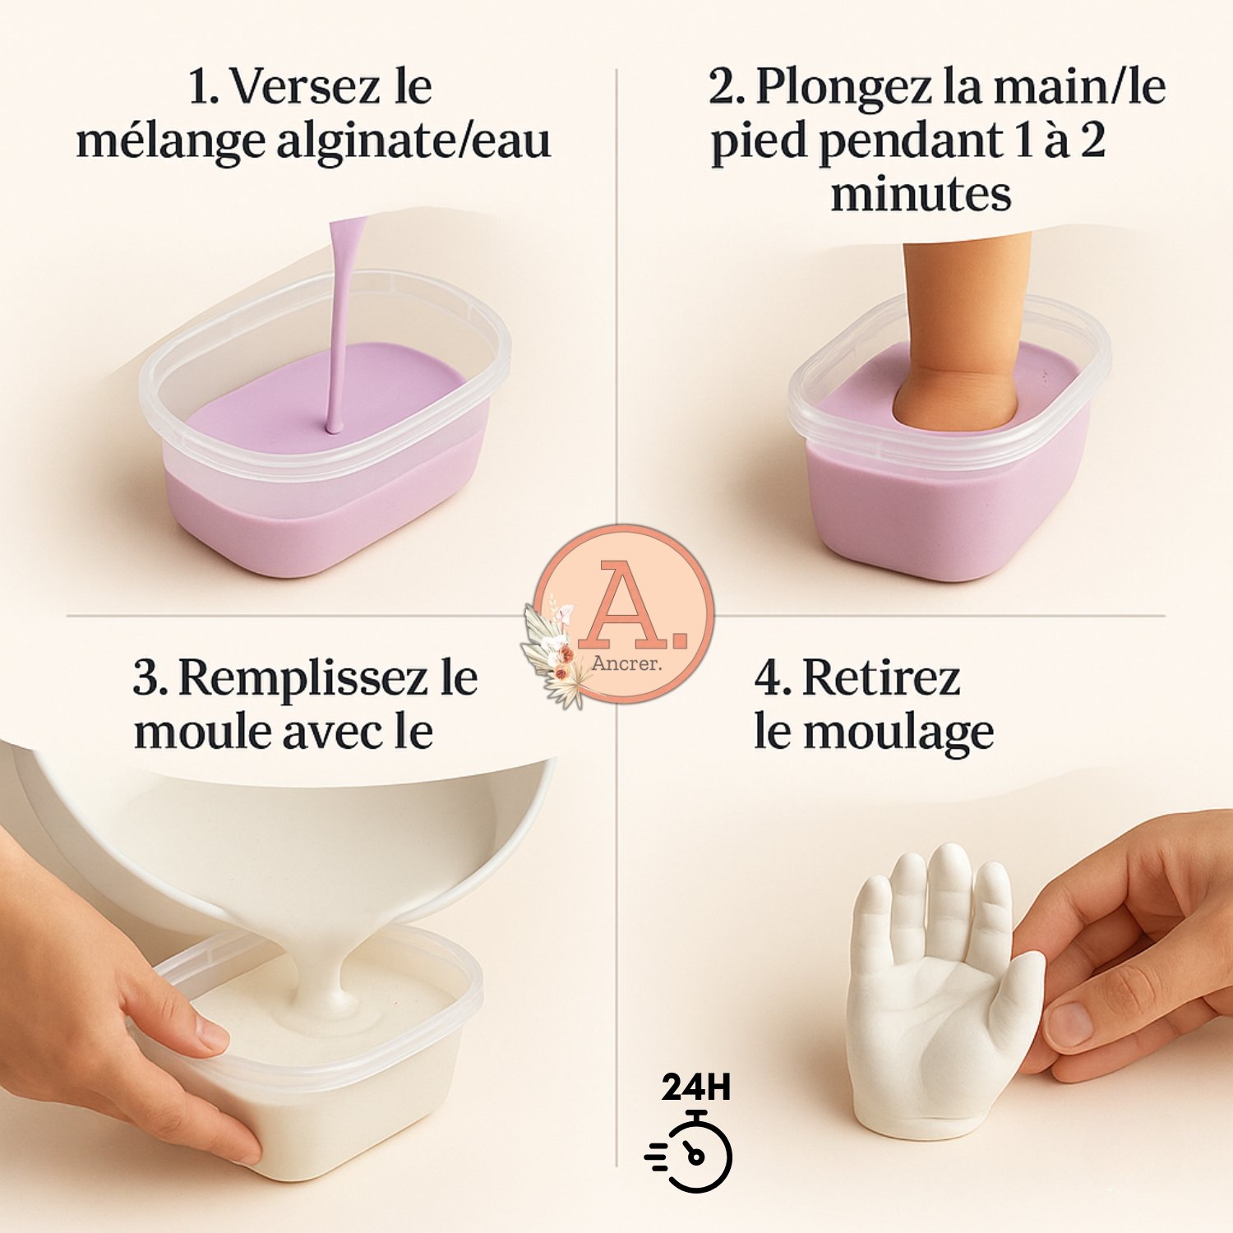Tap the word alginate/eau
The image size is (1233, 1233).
pos(413,141)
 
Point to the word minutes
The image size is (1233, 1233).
pos(921,195)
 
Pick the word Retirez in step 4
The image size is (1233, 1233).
pos(881,679)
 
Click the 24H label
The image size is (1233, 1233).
pos(696,1087)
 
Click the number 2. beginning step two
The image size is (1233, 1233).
pos(727,87)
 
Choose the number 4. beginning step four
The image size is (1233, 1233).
pos(774,680)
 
